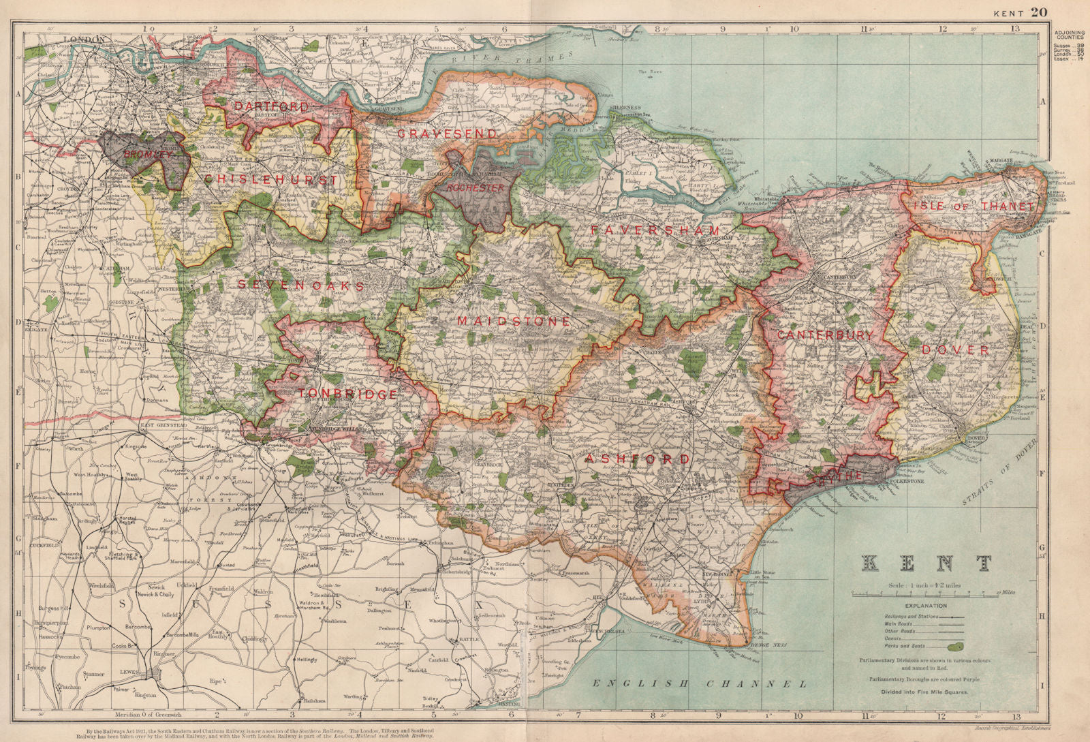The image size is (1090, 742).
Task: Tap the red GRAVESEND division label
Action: (x=447, y=134)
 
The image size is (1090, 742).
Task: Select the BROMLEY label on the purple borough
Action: (x=149, y=155)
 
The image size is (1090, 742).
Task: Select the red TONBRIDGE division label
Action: (x=348, y=395)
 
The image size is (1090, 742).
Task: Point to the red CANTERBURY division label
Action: (x=824, y=335)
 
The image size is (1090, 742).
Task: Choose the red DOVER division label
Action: (x=955, y=350)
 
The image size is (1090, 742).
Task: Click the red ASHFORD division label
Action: (x=638, y=459)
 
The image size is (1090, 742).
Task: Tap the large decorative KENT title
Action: (x=927, y=563)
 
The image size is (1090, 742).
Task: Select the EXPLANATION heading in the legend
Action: (x=925, y=605)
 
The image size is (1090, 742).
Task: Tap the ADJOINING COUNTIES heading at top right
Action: (x=1070, y=35)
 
